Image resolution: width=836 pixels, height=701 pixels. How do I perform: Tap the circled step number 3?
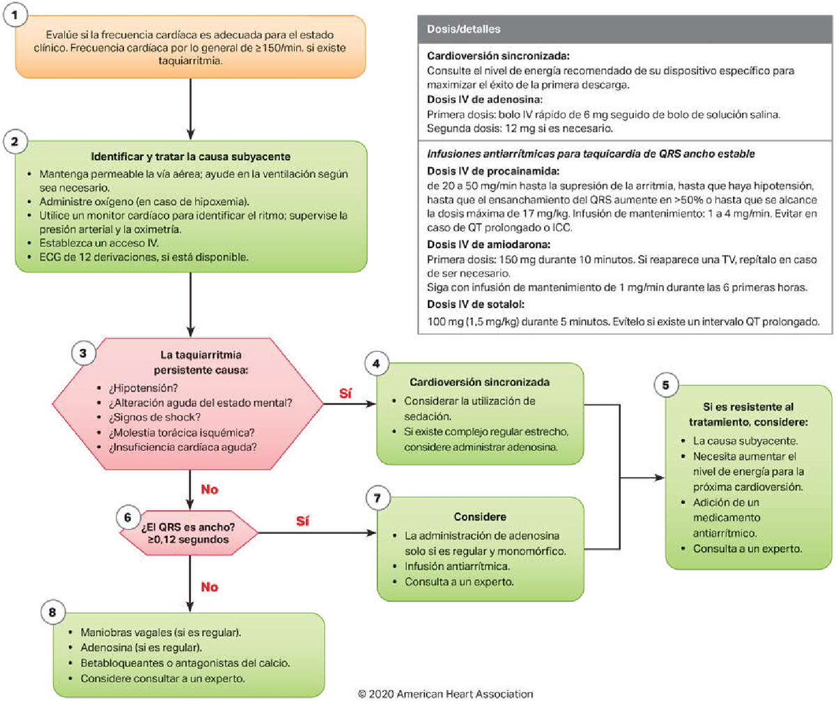84,353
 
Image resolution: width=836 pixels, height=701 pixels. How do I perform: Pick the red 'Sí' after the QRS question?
302,521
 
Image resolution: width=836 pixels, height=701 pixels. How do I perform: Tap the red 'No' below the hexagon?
210,489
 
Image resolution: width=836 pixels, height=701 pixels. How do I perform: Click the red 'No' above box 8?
210,587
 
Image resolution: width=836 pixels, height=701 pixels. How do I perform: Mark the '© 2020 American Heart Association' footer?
446,694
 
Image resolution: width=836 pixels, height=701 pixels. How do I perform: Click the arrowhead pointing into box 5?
660,478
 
